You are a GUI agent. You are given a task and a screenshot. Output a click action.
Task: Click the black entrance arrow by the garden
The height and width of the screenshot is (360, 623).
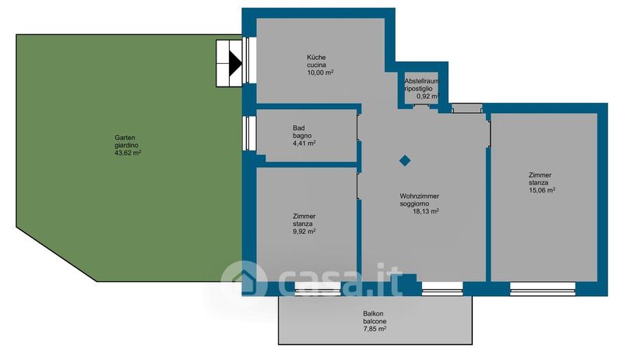[236, 63]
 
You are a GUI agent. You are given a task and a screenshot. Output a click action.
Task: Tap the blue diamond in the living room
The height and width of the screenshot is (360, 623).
[405, 161]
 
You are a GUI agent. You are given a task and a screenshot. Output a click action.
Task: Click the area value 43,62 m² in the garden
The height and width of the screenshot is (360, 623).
[128, 153]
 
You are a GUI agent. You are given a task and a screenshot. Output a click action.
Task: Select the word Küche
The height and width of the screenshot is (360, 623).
[316, 57]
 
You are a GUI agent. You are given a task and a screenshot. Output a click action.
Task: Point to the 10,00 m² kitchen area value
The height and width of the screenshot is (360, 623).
[320, 72]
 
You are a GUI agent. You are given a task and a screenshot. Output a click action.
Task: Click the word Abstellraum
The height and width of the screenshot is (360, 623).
[422, 81]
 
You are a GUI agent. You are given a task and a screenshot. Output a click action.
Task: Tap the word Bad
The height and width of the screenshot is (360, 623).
[299, 128]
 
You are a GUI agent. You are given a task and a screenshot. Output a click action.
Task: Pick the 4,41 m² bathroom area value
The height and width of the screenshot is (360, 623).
[304, 143]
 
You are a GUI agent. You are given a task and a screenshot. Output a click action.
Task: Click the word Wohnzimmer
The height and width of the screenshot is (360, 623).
[420, 196]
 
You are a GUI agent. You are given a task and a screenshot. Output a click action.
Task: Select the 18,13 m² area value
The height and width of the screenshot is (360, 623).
[426, 211]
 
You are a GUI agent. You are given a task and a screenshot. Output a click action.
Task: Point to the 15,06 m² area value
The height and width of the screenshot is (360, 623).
[542, 190]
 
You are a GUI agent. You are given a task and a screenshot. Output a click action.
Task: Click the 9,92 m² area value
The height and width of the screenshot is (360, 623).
[304, 231]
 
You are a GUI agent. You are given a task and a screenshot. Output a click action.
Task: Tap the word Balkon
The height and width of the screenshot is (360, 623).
[373, 313]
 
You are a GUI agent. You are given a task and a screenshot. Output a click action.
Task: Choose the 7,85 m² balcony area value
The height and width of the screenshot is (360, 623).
[375, 329]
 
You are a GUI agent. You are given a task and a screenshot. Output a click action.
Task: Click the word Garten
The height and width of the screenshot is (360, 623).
[125, 137]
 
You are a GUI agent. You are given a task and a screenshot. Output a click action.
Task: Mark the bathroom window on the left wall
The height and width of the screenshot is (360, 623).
[249, 133]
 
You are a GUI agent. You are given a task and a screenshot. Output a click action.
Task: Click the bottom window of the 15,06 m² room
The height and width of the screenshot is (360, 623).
[543, 289]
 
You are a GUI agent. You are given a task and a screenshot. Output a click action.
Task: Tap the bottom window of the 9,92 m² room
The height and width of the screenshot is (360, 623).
[318, 289]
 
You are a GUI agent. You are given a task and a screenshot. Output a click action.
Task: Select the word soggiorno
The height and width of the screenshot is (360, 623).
[414, 204]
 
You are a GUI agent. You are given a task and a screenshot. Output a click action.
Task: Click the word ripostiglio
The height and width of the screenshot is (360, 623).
[418, 89]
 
